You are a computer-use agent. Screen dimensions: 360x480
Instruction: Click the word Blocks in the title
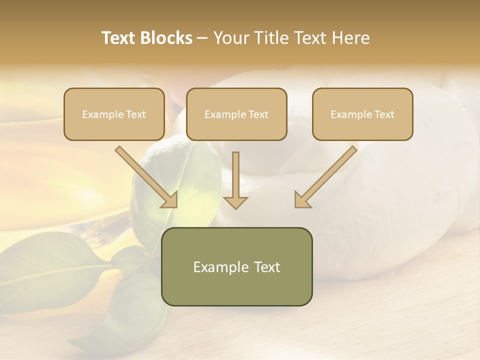click(x=166, y=38)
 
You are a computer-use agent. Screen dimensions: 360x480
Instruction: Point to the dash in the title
click(x=202, y=38)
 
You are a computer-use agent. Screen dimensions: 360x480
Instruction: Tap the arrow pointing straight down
click(x=235, y=177)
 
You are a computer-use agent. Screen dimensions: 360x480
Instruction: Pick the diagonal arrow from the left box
click(x=145, y=175)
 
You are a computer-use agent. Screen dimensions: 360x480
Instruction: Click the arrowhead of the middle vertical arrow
click(x=235, y=202)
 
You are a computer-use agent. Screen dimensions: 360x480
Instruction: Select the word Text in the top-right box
click(x=383, y=114)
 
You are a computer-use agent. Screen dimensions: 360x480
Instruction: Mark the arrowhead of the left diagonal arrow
click(x=170, y=199)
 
